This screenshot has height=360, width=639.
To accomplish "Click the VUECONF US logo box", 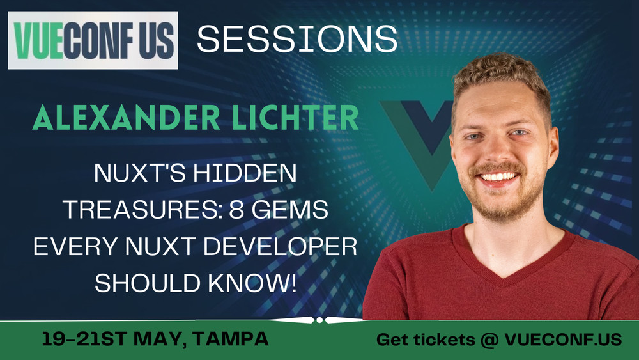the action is coord(93,40).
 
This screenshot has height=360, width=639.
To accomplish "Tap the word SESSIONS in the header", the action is coord(297,39).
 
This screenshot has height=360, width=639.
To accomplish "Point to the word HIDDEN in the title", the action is coord(245,173).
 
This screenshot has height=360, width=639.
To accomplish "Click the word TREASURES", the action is coord(142,210).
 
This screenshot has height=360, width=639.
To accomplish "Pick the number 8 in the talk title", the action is coord(236,210).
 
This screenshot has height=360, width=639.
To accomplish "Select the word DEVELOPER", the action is coord(280,246).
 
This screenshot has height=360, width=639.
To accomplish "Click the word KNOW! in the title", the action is coord(252,283).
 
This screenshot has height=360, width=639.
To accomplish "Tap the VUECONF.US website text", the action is coord(563,340).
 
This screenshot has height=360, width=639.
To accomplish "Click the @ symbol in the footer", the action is coord(489,340).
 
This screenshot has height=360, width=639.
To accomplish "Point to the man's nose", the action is coord(497,149).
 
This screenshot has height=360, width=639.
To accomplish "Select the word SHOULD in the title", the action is coord(148,283).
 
